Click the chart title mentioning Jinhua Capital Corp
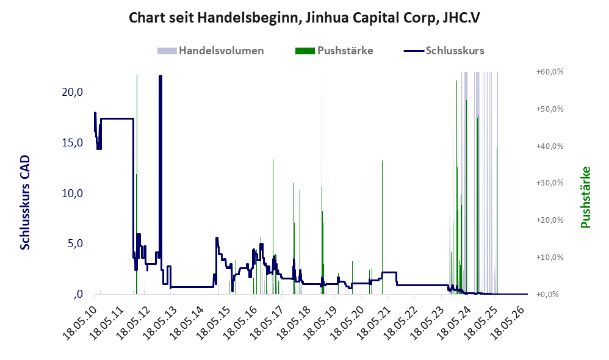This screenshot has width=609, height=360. coord(304,18)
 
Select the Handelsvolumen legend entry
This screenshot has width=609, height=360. coord(211,51)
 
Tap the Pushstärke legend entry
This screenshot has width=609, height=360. coord(334,51)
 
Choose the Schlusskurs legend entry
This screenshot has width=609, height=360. coord(444,51)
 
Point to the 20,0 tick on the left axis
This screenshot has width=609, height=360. coord(73,92)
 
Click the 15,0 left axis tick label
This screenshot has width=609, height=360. coord(73,143)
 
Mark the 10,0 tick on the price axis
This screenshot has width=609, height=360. coord(73,193)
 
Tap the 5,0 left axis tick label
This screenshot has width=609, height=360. coord(75,243)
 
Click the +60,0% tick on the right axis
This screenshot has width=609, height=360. coord(550,72)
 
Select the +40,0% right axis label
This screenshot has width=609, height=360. coord(550,146)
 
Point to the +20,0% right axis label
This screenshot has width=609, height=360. coord(550,220)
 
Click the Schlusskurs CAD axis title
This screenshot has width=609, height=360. coord(25,203)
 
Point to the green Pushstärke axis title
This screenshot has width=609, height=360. coord(585,197)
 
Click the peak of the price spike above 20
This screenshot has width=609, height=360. coord(160,76)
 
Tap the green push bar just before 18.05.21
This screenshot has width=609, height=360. coord(382,227)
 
